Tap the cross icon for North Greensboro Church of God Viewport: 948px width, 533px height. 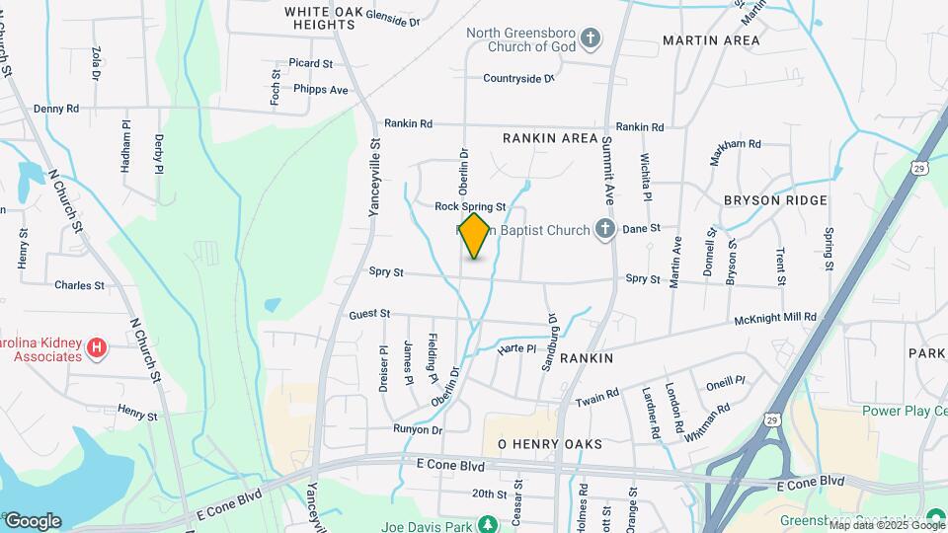click(591, 39)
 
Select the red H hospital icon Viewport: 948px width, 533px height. click(96, 347)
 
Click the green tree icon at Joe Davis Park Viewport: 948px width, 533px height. click(486, 522)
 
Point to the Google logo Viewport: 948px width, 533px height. click(32, 521)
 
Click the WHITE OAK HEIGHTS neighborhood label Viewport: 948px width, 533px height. click(320, 18)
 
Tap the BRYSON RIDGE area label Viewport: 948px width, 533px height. click(775, 199)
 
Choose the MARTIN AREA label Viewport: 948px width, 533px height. click(711, 40)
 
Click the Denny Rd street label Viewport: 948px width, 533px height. click(55, 109)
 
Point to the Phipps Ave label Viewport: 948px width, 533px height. click(321, 89)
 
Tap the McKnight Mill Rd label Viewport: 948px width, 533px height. click(775, 317)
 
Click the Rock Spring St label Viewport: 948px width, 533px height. click(470, 206)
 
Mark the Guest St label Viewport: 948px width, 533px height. click(369, 314)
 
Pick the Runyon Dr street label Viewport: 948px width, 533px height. click(418, 429)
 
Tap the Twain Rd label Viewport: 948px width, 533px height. click(596, 398)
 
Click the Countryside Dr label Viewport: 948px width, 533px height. click(518, 78)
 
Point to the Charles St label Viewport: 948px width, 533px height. click(79, 285)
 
